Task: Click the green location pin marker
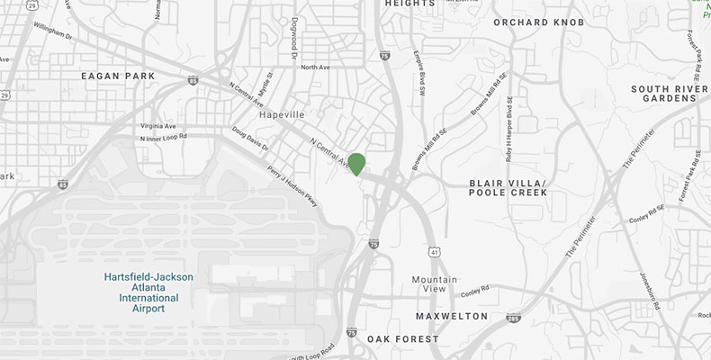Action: click(x=356, y=164)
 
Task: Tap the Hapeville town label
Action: click(x=281, y=115)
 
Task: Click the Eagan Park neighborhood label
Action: click(x=118, y=76)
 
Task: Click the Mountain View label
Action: click(x=435, y=283)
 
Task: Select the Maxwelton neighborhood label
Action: click(x=452, y=316)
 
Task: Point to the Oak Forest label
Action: click(x=402, y=338)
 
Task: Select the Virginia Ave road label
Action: click(x=158, y=126)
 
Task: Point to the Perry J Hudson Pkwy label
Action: click(x=292, y=185)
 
